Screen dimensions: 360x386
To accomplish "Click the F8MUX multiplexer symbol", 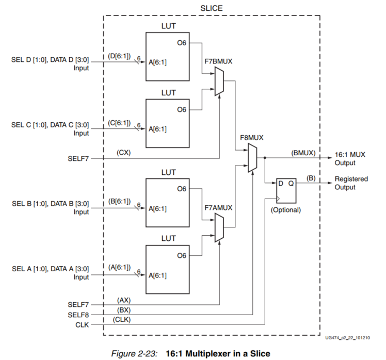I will [x=252, y=158].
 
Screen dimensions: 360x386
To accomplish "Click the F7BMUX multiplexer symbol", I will [x=219, y=83].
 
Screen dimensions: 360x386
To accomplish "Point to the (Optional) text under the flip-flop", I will [x=285, y=210].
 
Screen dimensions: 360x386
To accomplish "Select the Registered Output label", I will [x=351, y=183].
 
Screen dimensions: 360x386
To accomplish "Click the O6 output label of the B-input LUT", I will [x=181, y=189].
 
